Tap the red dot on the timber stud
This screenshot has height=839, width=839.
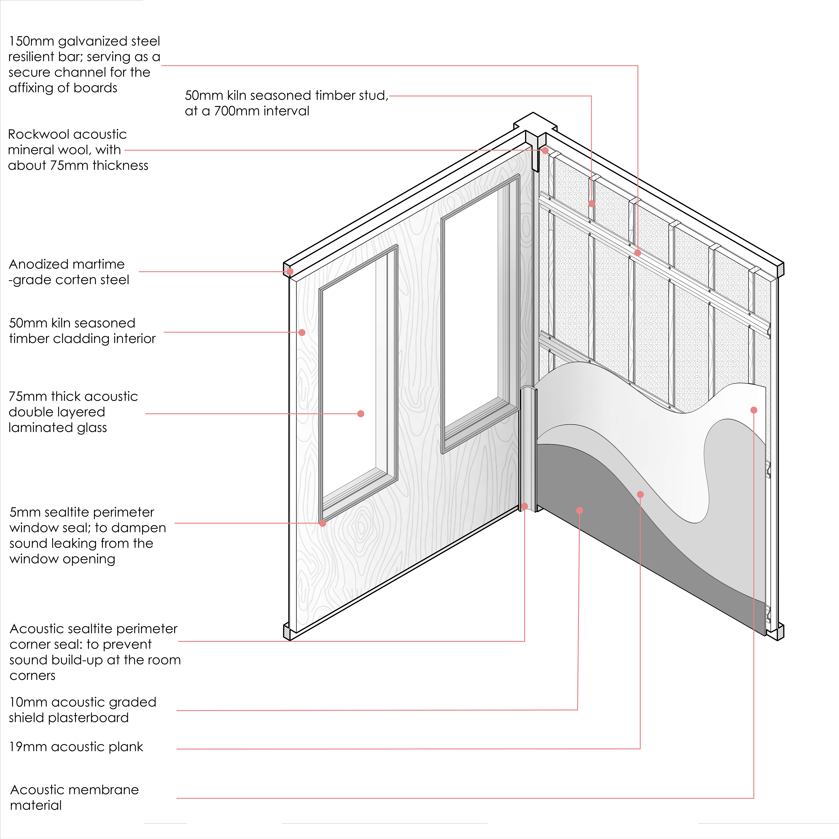point(591,203)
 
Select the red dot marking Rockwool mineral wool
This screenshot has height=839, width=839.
point(545,150)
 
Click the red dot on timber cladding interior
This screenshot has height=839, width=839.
point(302,332)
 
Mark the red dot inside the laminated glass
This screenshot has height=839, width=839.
point(361,413)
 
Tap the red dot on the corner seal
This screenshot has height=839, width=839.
point(525,506)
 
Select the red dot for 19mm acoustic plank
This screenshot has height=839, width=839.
point(640,494)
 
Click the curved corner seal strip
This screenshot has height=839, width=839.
point(528,447)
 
